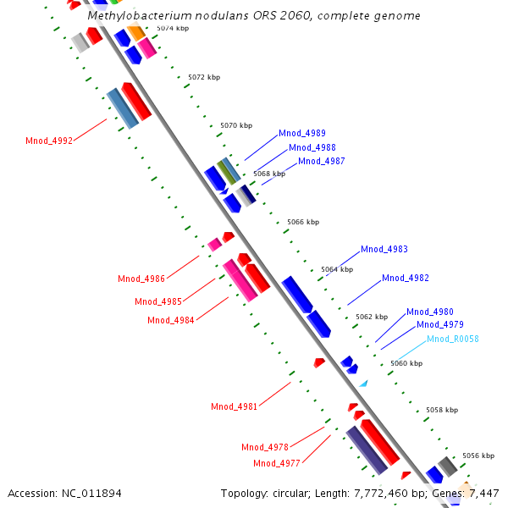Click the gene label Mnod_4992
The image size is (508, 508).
tap(49, 141)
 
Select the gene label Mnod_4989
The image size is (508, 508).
tap(302, 133)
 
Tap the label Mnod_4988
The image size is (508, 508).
tap(312, 146)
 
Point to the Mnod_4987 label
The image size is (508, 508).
tap(322, 161)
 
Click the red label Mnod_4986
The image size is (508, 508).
tap(141, 279)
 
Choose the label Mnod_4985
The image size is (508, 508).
tap(158, 301)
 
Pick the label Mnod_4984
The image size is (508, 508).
tap(171, 320)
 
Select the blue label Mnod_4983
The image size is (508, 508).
tap(384, 249)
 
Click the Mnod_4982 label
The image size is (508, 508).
tap(406, 278)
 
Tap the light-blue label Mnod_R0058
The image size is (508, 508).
tap(453, 339)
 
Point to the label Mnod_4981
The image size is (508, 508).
tap(235, 406)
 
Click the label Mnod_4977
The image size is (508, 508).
tap(277, 463)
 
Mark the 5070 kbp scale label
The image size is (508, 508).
tap(236, 125)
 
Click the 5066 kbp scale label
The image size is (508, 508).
tap(303, 222)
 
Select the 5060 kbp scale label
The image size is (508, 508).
tap(406, 363)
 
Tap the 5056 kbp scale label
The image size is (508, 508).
tap(478, 456)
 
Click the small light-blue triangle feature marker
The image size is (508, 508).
tap(363, 384)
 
